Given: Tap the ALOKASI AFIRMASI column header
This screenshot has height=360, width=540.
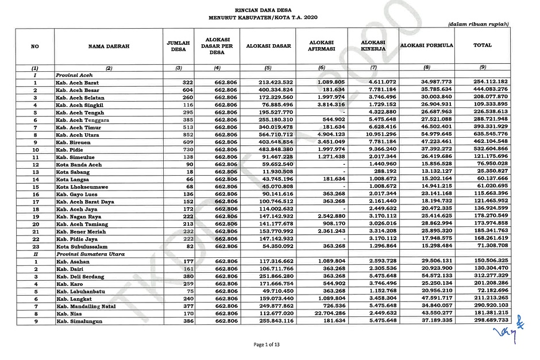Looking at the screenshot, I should pos(322,46).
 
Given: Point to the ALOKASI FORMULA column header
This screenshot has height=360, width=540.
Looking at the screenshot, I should pos(427,45).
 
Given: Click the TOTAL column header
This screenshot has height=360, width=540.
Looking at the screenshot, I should pos(481,45).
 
